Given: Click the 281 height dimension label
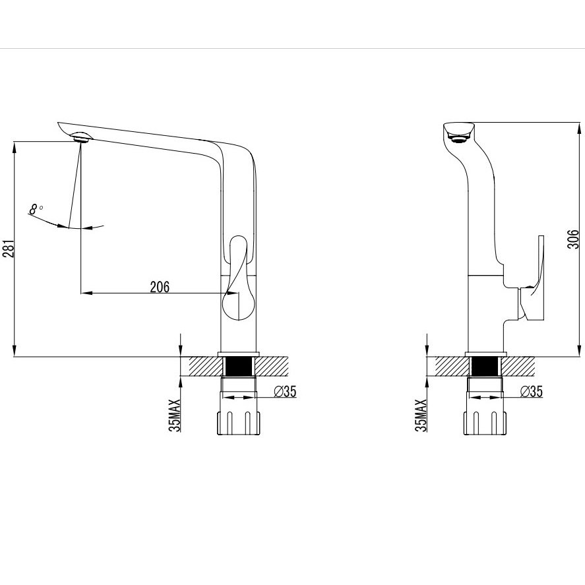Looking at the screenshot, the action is tap(9, 249).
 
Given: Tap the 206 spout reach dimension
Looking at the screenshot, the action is tap(160, 287).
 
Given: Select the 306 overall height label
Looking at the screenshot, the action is tap(573, 239).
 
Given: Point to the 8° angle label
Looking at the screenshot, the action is tap(36, 209).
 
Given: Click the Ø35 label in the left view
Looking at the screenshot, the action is tap(285, 391).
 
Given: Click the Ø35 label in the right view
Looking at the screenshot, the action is tap(532, 391).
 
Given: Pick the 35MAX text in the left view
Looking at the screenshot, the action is tap(174, 416).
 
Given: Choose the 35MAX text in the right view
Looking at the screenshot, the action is tap(421, 416).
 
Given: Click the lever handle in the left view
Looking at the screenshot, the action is tap(238, 278).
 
